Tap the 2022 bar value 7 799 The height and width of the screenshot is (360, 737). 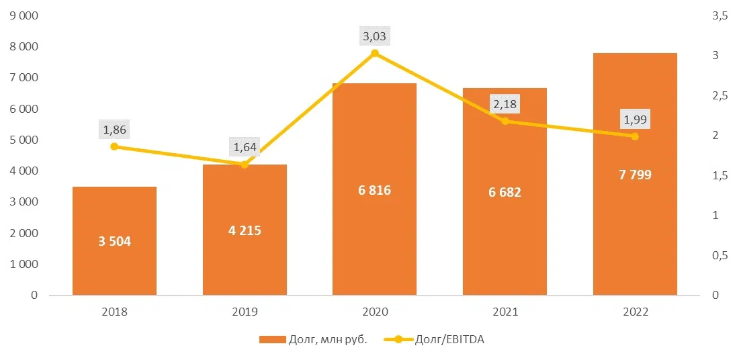click(634, 175)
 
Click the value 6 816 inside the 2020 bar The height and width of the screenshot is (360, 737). click(374, 190)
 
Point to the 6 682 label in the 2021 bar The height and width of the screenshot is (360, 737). click(505, 192)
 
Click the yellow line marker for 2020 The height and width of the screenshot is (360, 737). click(375, 53)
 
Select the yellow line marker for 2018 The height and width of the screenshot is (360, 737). click(114, 146)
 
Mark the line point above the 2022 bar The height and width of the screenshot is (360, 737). click(634, 136)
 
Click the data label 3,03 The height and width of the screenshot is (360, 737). click(375, 37)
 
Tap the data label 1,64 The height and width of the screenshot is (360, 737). click(245, 147)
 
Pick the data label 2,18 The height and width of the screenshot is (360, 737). click(505, 104)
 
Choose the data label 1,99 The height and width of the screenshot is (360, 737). click(635, 120)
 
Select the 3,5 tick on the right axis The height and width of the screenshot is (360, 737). click(720, 16)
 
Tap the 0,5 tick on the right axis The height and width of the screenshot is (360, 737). click(720, 255)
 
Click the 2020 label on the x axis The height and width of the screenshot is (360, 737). click(374, 312)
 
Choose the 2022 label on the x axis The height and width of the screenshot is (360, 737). click(634, 312)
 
